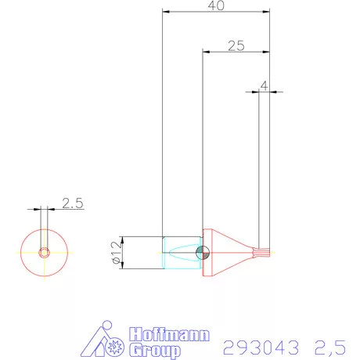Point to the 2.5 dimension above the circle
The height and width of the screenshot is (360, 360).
pyautogui.click(x=72, y=203)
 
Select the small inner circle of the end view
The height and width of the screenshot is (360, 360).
pyautogui.click(x=45, y=252)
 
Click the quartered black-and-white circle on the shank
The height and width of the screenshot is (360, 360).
pyautogui.click(x=203, y=252)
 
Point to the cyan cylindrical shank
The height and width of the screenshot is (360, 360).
pyautogui.click(x=180, y=252)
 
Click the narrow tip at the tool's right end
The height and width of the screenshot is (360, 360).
pyautogui.click(x=264, y=252)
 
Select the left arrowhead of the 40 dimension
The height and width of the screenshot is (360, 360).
pyautogui.click(x=165, y=13)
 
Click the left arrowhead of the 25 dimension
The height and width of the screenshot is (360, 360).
pyautogui.click(x=206, y=52)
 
